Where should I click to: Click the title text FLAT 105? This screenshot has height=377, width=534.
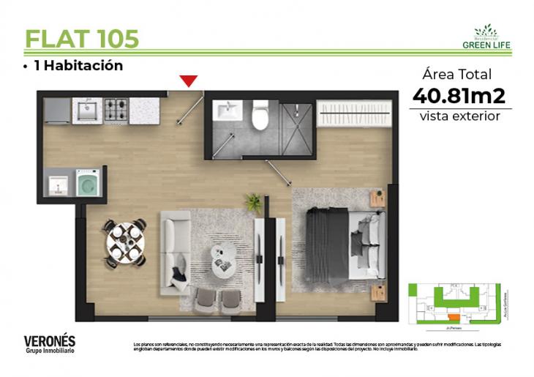click(82, 38)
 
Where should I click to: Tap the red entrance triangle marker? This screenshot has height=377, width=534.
click(189, 81)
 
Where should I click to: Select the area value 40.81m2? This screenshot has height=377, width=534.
click(459, 96)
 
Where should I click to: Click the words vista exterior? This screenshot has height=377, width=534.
click(459, 116)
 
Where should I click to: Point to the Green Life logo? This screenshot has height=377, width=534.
click(486, 37)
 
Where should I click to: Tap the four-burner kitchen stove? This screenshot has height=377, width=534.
click(116, 110)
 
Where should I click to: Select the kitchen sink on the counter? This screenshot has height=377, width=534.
click(86, 111)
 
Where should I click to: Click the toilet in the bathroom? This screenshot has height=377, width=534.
click(260, 116)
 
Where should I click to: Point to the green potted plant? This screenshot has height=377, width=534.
click(254, 201)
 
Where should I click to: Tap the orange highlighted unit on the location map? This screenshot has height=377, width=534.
click(454, 317)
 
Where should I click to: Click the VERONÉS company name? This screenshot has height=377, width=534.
click(50, 340)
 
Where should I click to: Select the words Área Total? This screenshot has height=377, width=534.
click(457, 74)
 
